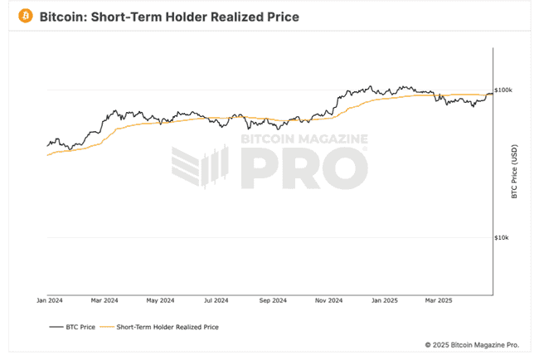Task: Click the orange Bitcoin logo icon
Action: tap(25, 16)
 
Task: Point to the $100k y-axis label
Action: tap(503, 90)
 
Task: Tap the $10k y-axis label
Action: tap(502, 238)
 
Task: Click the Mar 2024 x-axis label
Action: tap(105, 299)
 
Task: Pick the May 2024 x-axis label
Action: tap(161, 299)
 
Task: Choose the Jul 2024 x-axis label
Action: tap(216, 299)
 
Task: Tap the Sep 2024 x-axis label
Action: tap(273, 299)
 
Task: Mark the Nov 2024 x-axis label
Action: tap(329, 299)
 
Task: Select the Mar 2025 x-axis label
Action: tap(439, 299)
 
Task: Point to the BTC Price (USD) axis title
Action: tap(515, 173)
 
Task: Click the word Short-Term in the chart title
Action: tap(134, 16)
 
